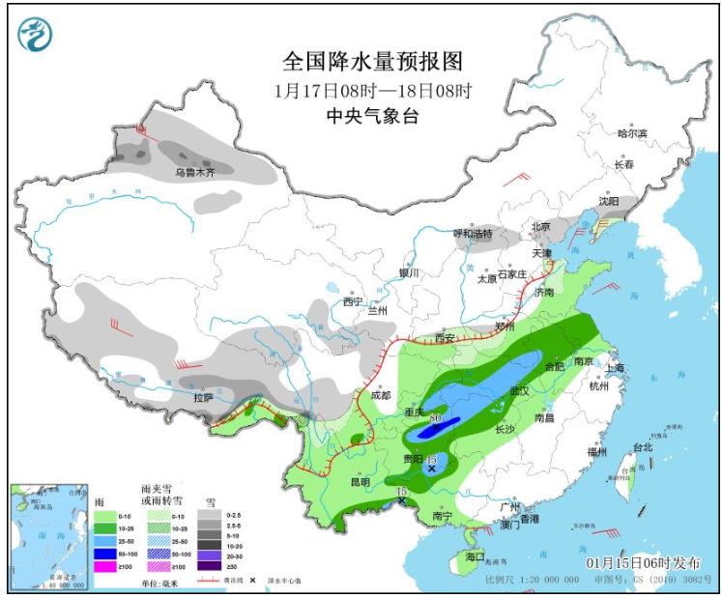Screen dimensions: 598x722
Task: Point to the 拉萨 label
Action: [x=202, y=397]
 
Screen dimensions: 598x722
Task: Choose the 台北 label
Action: [x=643, y=447]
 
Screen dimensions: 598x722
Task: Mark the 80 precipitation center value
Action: [x=435, y=417]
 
